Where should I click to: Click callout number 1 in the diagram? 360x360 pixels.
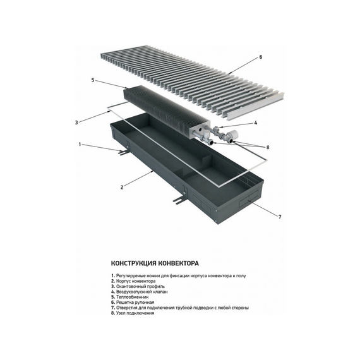[x=80, y=144]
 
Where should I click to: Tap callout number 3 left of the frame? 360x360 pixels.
[x=76, y=122]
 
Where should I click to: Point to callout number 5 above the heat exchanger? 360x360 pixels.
[x=93, y=80]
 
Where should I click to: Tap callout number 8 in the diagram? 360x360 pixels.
[x=268, y=147]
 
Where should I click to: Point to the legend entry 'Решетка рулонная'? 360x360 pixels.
[x=134, y=302]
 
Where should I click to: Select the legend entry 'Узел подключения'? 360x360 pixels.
[x=134, y=313]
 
